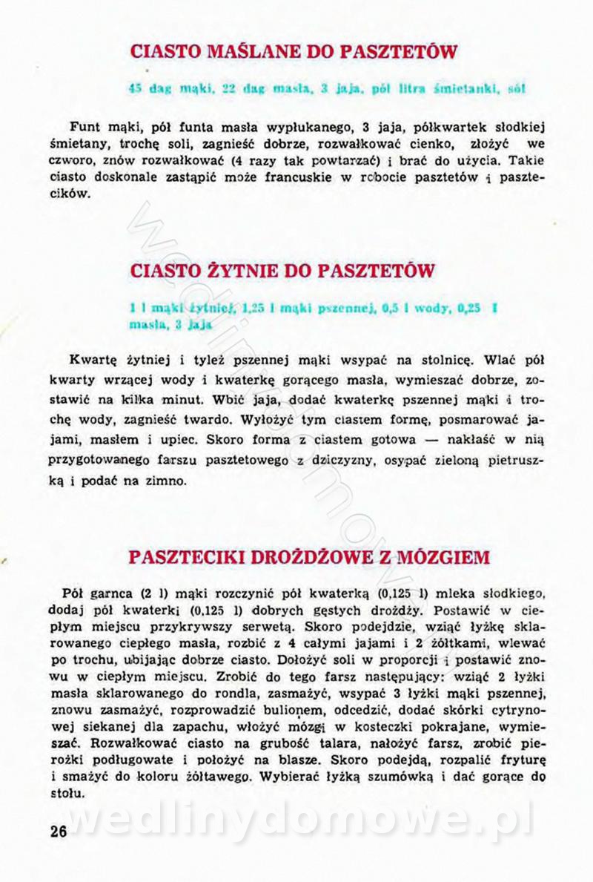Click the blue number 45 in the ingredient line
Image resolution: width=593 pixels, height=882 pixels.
[135, 88]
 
